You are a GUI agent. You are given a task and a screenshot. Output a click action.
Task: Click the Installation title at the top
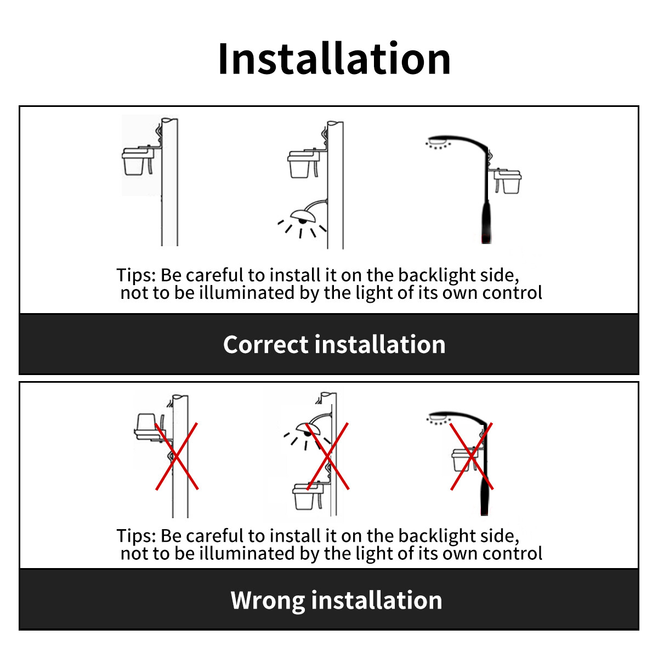coord(334,59)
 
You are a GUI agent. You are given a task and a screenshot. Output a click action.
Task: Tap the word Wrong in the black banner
coord(268,600)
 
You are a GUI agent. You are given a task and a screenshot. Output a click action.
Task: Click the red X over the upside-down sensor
coord(177,456)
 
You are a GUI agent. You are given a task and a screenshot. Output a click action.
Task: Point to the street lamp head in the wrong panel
coord(440,417)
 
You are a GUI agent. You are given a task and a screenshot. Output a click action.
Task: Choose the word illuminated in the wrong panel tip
coord(247,553)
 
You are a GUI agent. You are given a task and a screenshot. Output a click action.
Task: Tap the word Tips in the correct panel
coord(136,276)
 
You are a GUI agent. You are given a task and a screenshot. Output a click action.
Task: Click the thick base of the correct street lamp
coord(486,222)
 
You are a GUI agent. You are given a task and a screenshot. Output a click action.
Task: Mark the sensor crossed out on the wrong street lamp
coord(464,460)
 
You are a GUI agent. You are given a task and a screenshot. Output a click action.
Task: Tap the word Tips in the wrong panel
coord(136,536)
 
